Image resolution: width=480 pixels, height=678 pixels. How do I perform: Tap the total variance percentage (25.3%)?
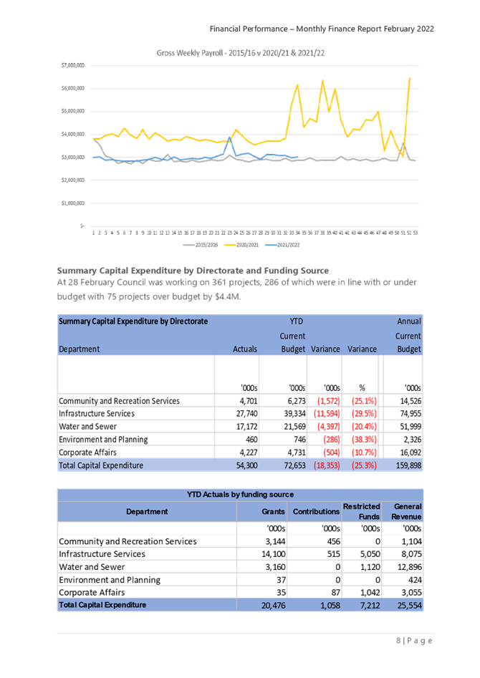pos(363,465)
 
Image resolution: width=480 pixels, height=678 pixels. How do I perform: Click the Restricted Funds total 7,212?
pos(367,605)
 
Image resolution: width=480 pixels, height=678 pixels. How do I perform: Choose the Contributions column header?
pos(316,511)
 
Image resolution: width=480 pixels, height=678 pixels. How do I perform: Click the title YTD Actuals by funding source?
pos(239,494)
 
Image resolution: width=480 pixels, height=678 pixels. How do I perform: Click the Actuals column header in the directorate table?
pos(245,349)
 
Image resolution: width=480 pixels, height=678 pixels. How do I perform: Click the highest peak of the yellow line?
pos(409,78)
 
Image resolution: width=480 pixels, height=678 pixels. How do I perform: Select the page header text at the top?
pos(322,29)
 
